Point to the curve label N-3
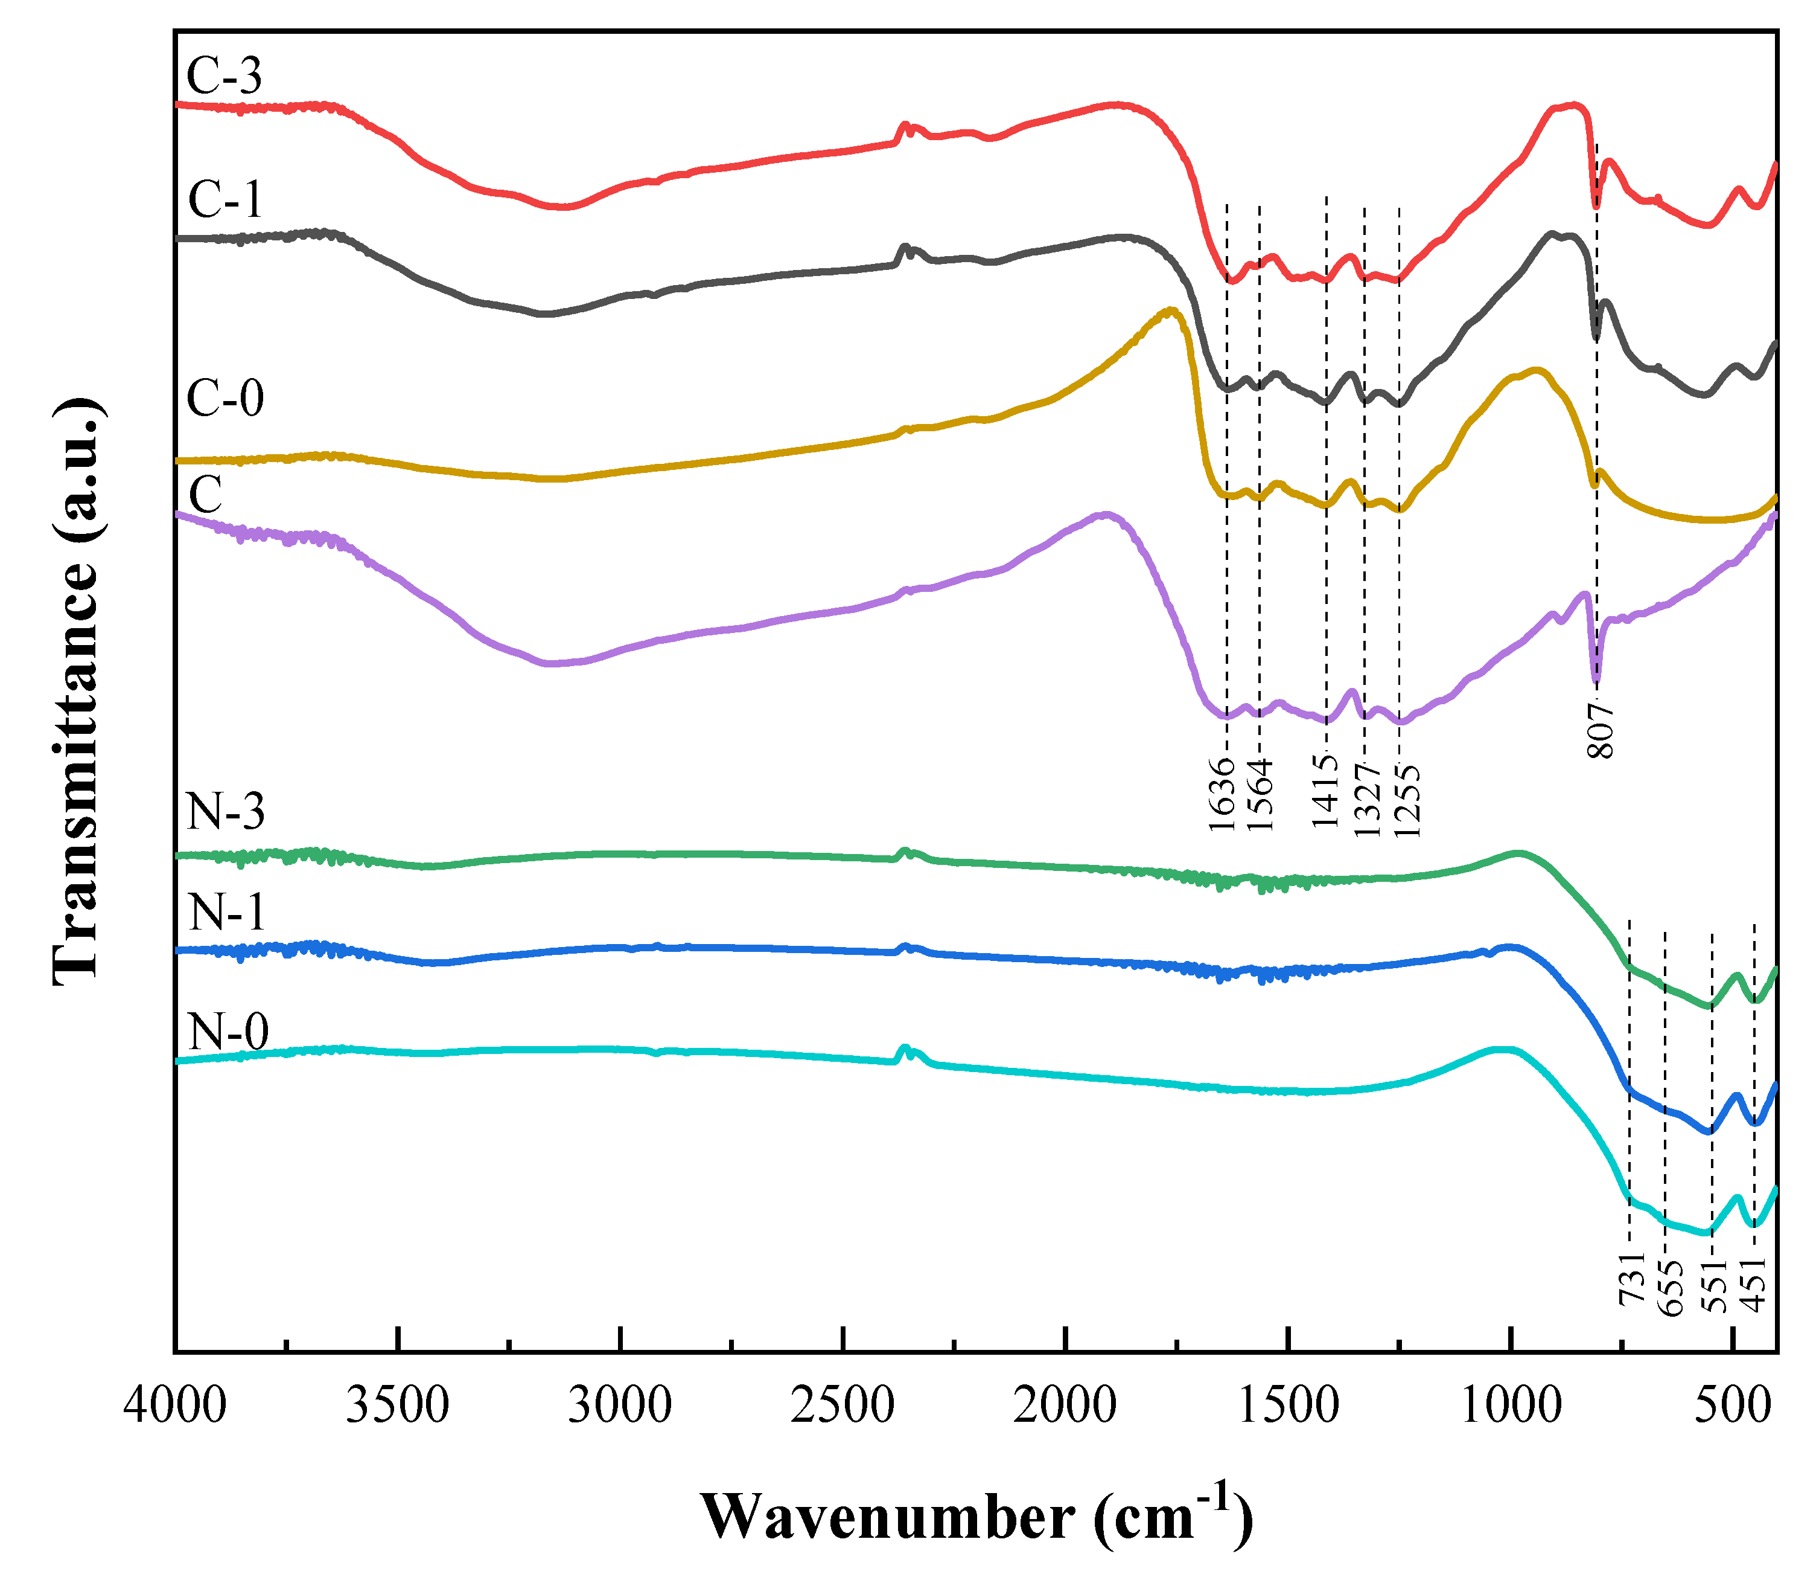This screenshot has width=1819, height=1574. [226, 812]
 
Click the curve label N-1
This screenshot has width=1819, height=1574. [226, 913]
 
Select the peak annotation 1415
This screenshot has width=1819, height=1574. [1325, 791]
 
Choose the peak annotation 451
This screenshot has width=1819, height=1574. [1753, 1286]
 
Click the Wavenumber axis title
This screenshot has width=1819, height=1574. [976, 1516]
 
